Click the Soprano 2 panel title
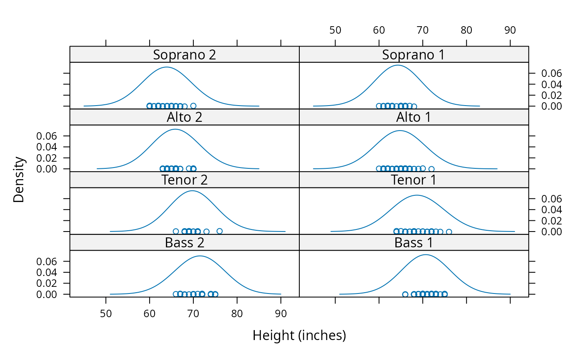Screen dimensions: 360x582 (184, 54)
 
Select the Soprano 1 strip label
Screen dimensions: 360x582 (413, 54)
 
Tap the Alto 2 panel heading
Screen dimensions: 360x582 (184, 117)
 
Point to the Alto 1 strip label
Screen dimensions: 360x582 (413, 117)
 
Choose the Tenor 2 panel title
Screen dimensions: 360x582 (184, 180)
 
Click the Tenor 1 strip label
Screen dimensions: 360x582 (413, 180)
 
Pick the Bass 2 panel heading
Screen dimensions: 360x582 (184, 242)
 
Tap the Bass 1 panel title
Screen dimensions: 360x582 (413, 242)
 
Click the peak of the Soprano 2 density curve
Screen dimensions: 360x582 (166, 67)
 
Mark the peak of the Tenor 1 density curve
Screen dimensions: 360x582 (417, 195)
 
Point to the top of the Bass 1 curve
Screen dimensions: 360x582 (426, 254)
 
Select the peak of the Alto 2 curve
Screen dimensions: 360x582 (175, 129)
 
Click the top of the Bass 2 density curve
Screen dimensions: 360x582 (200, 256)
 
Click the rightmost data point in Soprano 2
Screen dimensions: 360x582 (193, 106)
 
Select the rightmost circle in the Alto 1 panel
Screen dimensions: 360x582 (432, 169)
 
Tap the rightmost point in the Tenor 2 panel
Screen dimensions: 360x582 (219, 231)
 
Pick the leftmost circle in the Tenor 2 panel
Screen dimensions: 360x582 (176, 231)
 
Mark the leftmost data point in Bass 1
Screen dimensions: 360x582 (405, 294)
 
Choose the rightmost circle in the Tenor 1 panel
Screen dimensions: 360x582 (449, 232)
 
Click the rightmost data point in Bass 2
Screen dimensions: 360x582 (215, 294)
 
